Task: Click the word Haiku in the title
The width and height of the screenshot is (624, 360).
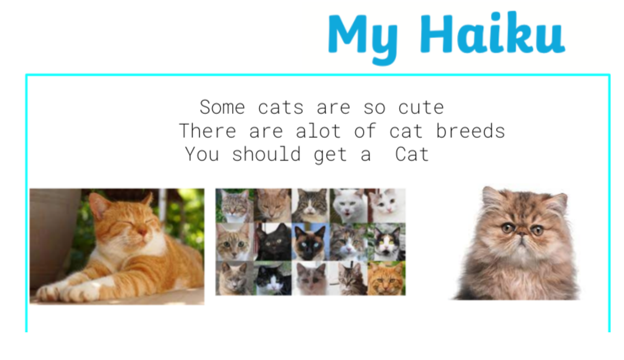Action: pyautogui.click(x=492, y=32)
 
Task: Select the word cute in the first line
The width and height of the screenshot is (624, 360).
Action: pyautogui.click(x=421, y=108)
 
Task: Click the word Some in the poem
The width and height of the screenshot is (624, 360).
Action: pyautogui.click(x=223, y=107)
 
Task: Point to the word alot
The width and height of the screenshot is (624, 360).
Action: pyautogui.click(x=318, y=131)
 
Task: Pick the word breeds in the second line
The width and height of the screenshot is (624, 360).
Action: pyautogui.click(x=471, y=131)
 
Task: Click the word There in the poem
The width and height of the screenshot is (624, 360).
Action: pyautogui.click(x=208, y=131)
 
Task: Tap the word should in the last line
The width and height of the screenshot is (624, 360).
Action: pyautogui.click(x=267, y=154)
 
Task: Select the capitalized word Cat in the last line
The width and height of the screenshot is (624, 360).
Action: pyautogui.click(x=412, y=154)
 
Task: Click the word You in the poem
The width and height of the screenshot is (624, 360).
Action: pyautogui.click(x=202, y=154)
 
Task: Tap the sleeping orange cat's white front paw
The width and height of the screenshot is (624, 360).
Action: pyautogui.click(x=81, y=293)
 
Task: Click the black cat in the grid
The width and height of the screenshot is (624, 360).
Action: pyautogui.click(x=274, y=242)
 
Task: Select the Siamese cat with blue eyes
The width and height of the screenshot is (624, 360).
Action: pyautogui.click(x=310, y=242)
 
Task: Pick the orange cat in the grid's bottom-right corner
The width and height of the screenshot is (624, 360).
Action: pyautogui.click(x=386, y=278)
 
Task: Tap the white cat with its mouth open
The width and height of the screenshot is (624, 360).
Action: pyautogui.click(x=348, y=205)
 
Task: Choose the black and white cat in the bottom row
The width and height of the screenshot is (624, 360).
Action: pyautogui.click(x=274, y=278)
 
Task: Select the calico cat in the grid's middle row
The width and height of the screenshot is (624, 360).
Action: pyautogui.click(x=387, y=242)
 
